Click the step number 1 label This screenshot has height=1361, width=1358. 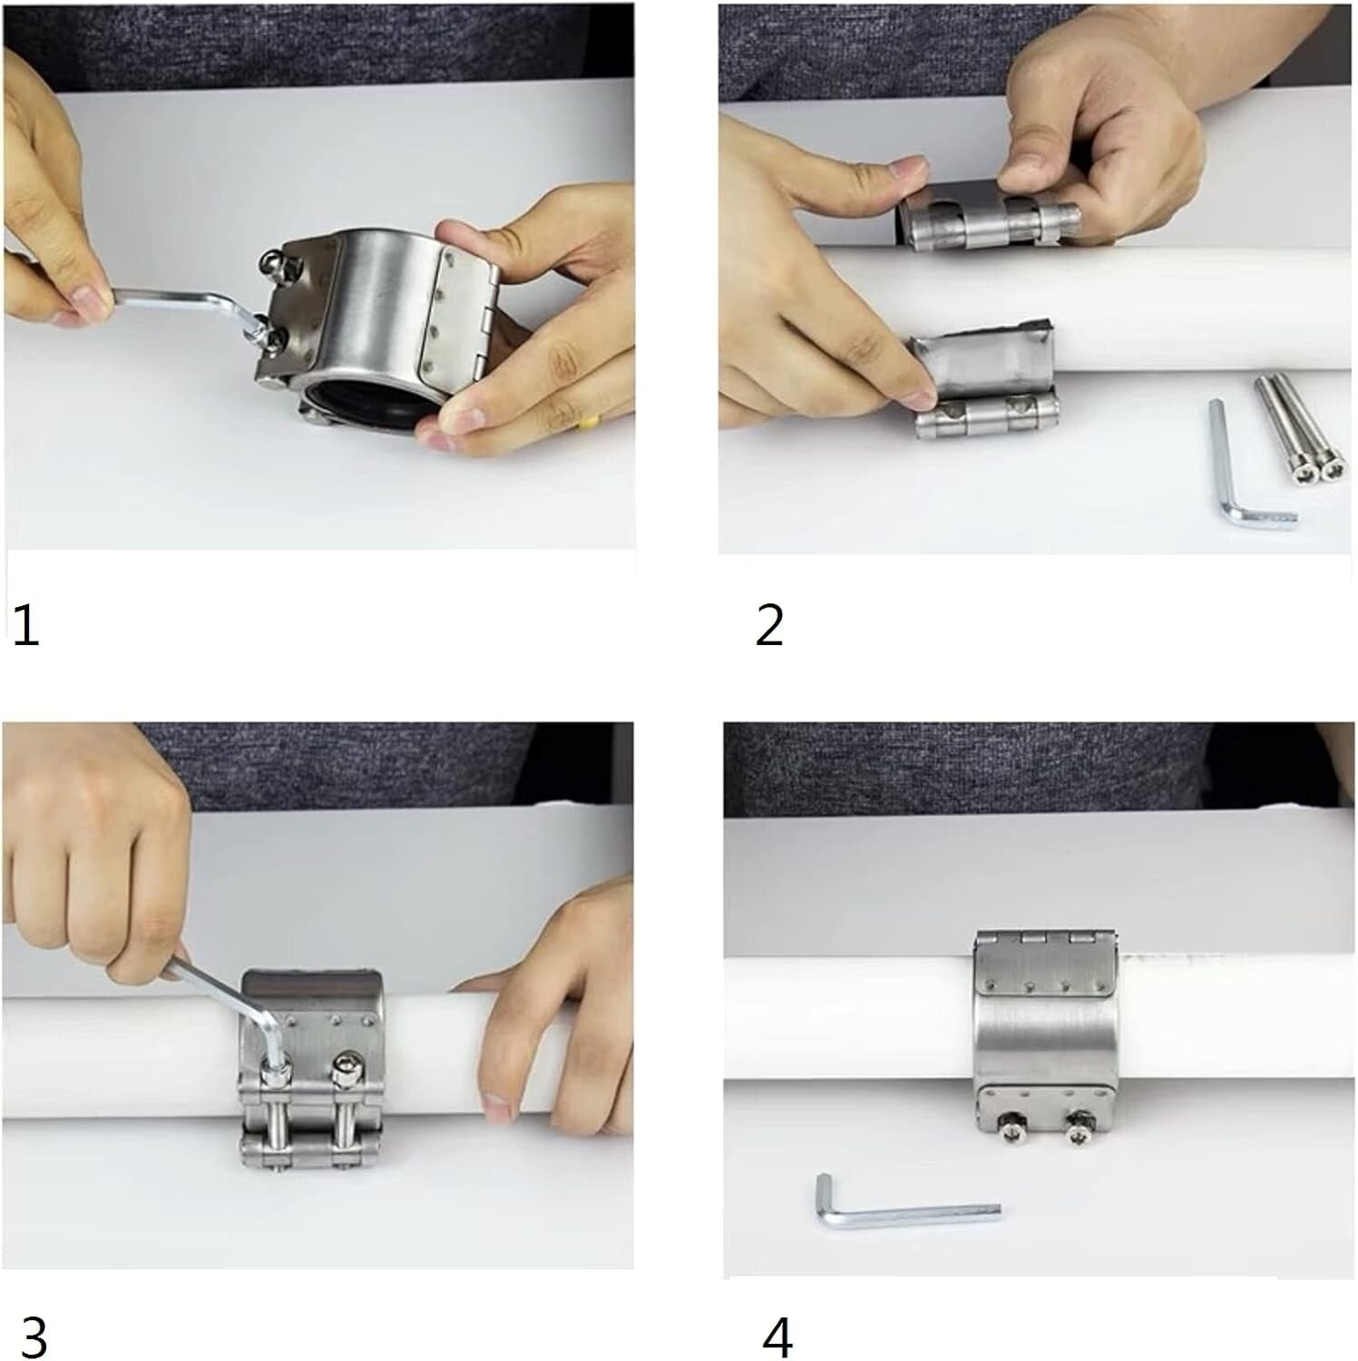point(26,626)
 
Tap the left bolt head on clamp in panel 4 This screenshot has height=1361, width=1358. point(1009,1133)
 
